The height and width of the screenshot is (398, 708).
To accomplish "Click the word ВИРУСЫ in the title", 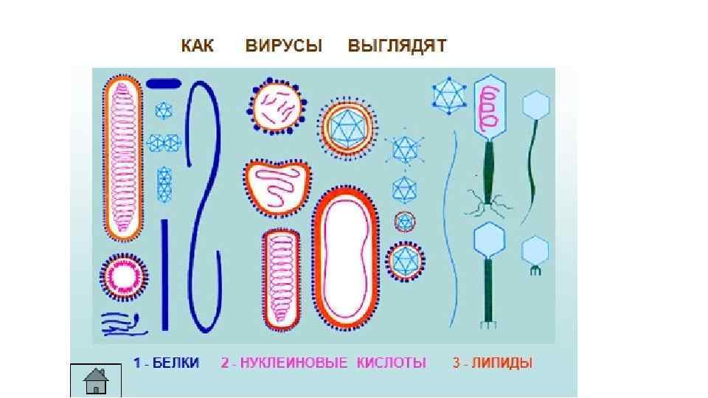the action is [284, 46].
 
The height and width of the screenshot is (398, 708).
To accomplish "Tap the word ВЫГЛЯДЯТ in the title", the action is [397, 46].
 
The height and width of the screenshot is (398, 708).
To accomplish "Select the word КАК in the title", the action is [198, 46].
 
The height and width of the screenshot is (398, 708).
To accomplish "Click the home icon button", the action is [95, 381].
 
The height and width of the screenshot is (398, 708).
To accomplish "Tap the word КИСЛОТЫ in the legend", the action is [392, 363].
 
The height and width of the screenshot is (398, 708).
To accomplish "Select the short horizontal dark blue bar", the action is [164, 83].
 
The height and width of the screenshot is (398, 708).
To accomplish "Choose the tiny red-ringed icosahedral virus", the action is [404, 222].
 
